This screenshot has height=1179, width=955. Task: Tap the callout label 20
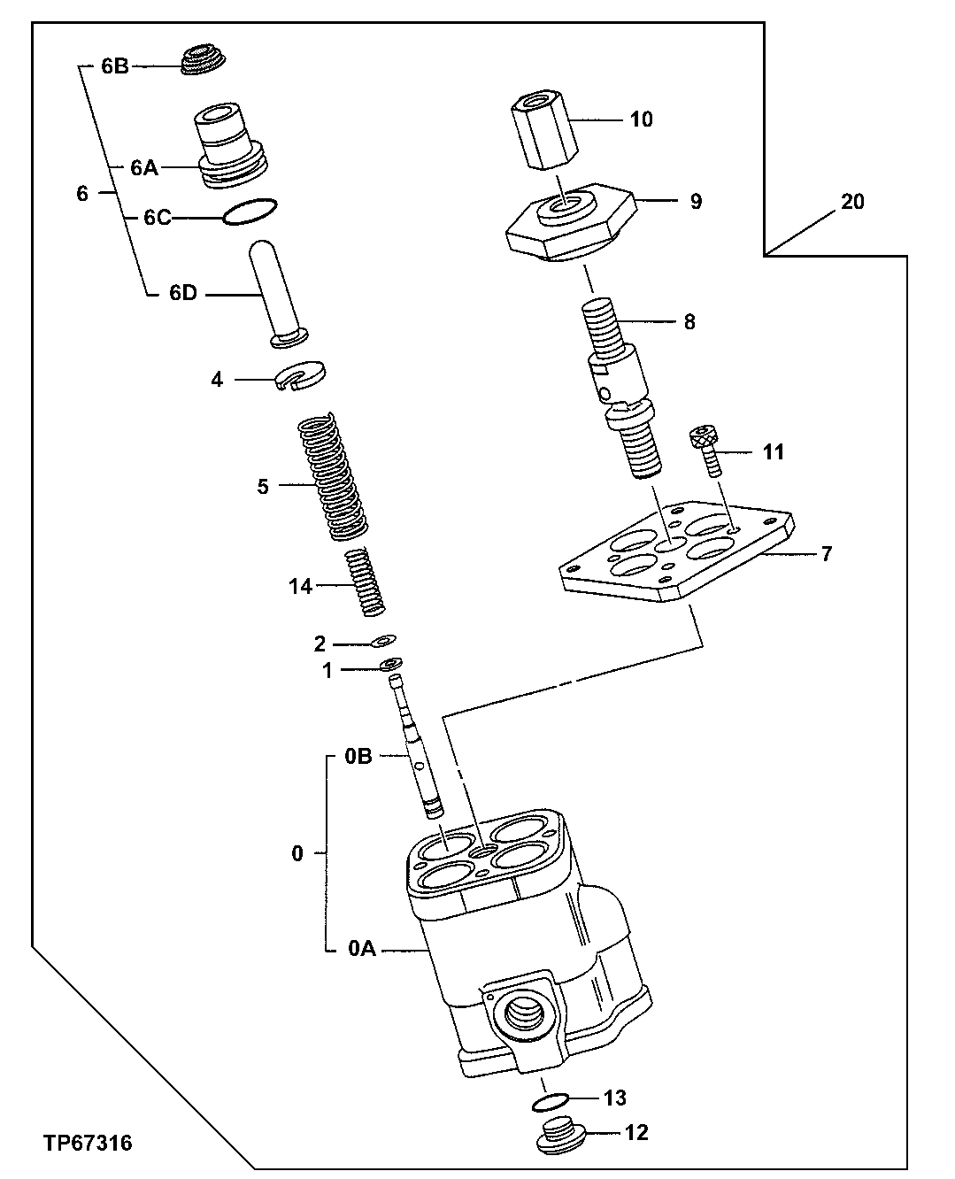click(x=851, y=202)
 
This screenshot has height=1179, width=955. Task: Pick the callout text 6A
click(x=143, y=168)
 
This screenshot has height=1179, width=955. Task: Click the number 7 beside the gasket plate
click(x=826, y=554)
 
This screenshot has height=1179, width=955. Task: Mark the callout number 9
click(x=697, y=201)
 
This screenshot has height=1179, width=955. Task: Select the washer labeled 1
click(x=390, y=664)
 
